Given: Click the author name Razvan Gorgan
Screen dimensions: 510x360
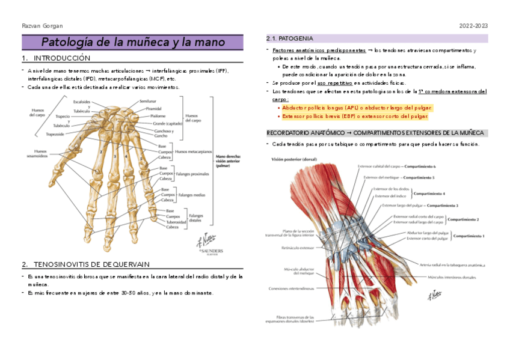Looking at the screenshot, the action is [42, 26].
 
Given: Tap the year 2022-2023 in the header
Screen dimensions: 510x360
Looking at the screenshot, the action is [473, 26].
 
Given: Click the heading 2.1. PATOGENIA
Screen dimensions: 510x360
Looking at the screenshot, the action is [289, 38].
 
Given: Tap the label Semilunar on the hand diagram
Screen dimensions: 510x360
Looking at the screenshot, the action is [147, 101].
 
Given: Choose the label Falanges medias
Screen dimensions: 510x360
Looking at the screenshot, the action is [192, 195].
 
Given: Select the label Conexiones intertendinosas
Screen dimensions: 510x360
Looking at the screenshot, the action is [292, 288].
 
